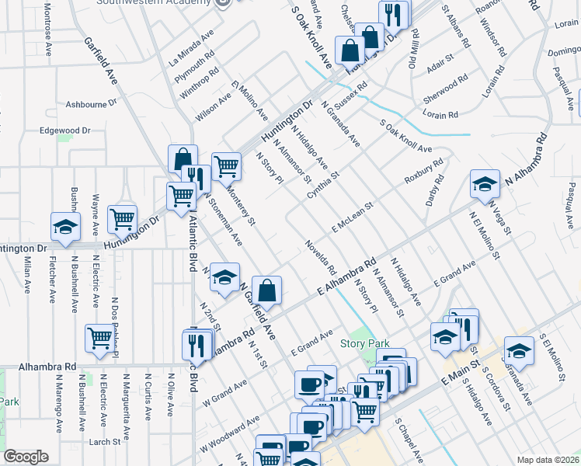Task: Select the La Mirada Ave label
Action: [x=191, y=48]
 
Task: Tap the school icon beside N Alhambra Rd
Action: [x=485, y=184]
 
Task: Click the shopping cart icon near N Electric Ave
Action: [x=100, y=337]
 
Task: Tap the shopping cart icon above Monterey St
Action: [x=225, y=165]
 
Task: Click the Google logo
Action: [x=26, y=457]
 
